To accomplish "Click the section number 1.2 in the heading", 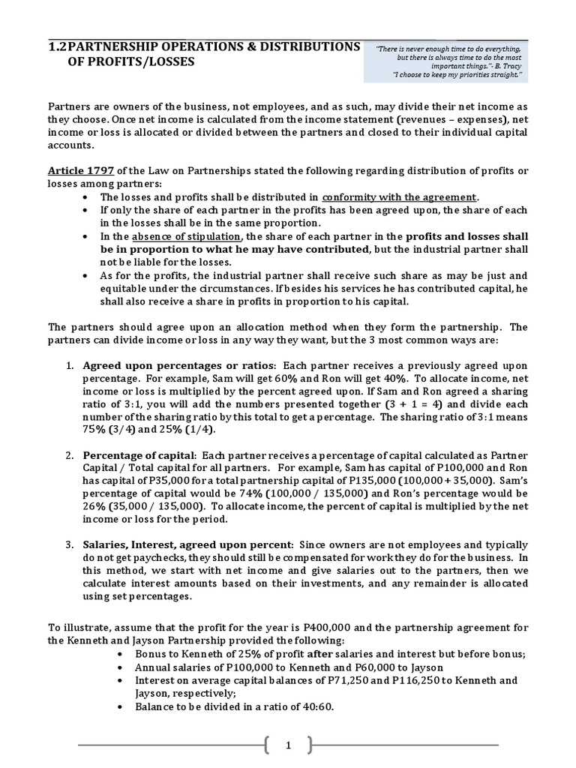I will tap(58, 46).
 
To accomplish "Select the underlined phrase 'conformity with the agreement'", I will tap(400, 197).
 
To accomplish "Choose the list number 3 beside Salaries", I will tap(68, 544).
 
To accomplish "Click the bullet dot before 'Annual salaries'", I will tap(121, 667).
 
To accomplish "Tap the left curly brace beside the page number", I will tap(268, 745).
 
